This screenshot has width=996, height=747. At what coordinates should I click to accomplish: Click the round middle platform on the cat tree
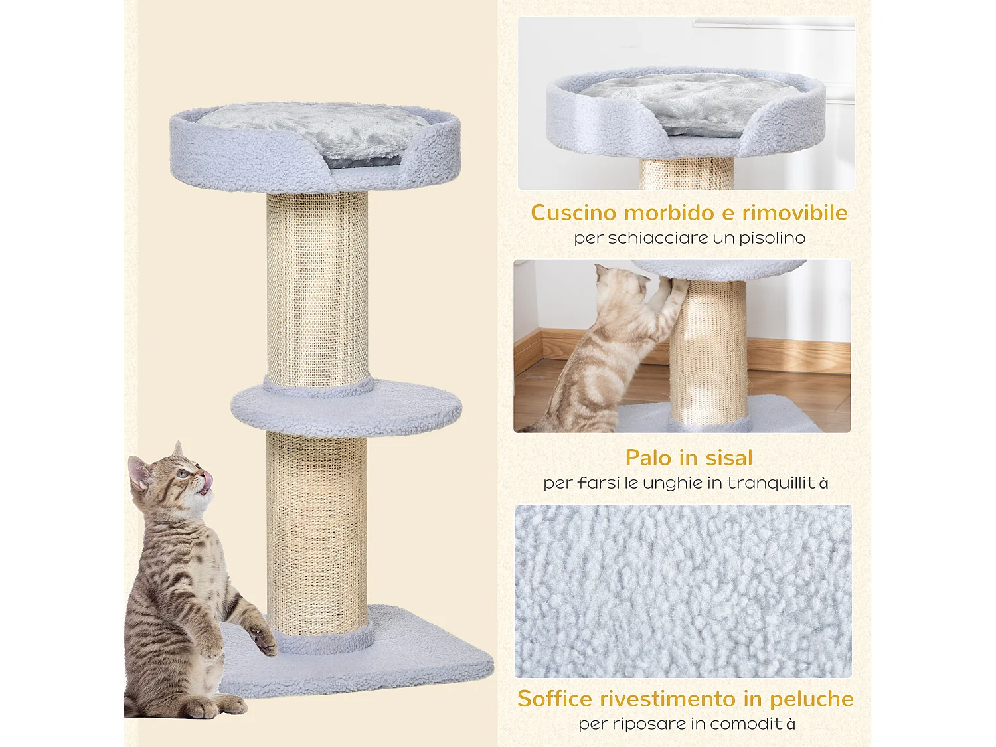point(346,408)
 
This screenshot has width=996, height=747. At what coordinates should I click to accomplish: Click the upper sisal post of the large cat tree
point(317,289)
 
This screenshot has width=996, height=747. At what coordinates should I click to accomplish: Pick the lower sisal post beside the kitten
point(317,531)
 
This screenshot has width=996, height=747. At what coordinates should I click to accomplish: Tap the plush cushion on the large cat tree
point(312,126)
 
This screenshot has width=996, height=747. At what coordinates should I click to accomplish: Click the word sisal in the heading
point(728,458)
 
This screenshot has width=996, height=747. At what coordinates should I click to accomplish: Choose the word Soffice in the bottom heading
point(554,699)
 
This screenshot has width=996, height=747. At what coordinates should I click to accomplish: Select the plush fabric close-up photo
point(683,591)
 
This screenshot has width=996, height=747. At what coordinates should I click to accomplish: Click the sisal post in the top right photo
point(687,174)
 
